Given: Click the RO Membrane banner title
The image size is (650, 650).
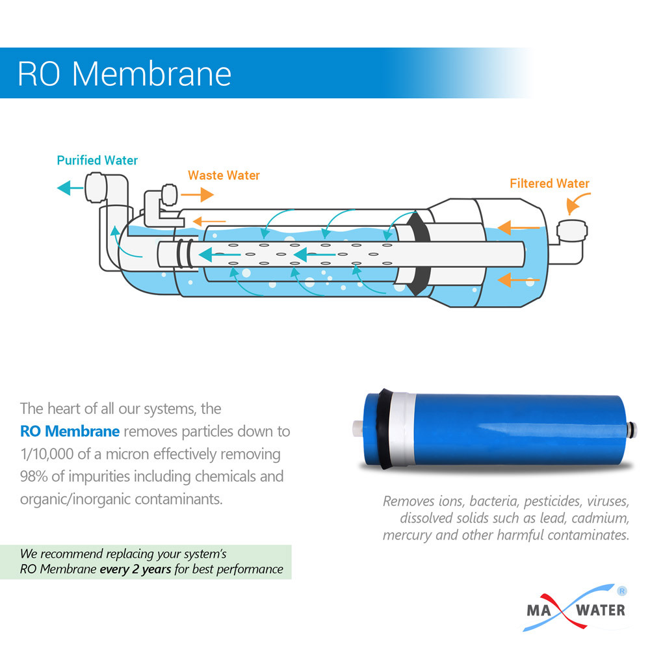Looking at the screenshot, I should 124,73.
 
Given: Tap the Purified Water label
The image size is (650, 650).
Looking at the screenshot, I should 97,160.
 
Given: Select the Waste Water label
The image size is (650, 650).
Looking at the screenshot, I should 224,175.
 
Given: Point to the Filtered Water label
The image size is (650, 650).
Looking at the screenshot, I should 549,183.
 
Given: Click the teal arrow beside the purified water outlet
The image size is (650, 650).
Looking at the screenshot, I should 70,188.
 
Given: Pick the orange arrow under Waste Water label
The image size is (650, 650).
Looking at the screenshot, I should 198,194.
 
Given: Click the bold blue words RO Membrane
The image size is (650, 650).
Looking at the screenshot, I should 70,431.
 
